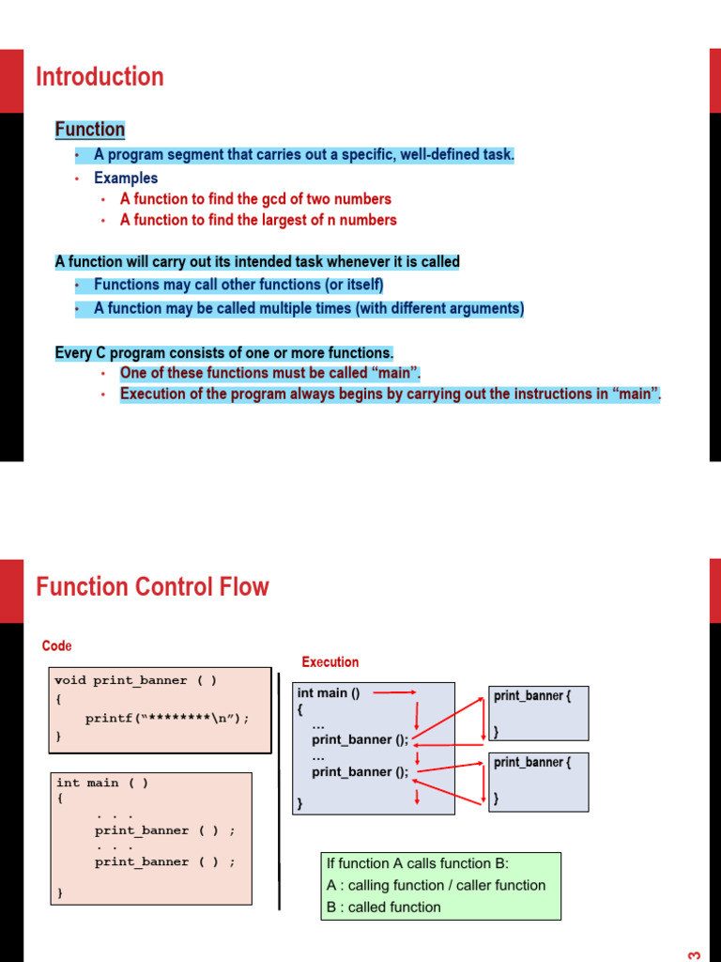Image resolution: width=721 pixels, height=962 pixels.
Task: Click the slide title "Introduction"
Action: coord(100,77)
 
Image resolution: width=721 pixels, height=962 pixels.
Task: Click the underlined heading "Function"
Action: coord(90,130)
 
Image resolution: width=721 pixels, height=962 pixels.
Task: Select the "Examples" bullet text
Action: coord(126,178)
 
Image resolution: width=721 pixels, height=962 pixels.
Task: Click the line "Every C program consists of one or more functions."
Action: coord(224,353)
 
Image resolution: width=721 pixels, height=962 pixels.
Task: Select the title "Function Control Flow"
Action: coord(152,587)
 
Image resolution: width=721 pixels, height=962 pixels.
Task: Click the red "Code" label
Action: coord(56,646)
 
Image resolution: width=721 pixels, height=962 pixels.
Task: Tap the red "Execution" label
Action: coord(330,662)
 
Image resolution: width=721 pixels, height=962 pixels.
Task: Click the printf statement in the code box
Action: coord(168,719)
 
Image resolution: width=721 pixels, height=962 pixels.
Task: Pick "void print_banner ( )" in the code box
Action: coord(135,680)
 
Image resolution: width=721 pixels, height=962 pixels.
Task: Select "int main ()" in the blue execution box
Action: coord(329,693)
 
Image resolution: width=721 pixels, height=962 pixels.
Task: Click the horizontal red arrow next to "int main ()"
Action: coord(394,693)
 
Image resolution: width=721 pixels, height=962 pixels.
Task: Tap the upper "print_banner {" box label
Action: coord(532,696)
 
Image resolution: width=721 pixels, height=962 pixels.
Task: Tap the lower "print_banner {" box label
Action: coord(532,763)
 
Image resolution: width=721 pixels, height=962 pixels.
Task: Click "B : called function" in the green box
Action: coord(383,907)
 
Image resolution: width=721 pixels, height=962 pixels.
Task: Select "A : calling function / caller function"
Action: coord(436,885)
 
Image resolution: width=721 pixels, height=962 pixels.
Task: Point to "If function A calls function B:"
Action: coord(418,863)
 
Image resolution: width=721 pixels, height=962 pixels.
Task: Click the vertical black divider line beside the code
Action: coord(279,789)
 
